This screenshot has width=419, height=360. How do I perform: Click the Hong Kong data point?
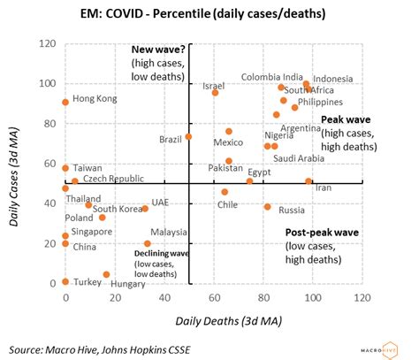point(65,103)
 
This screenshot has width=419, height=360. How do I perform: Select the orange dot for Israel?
point(215,92)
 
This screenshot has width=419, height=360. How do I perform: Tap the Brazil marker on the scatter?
point(188,136)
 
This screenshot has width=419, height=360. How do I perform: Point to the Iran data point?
point(309,181)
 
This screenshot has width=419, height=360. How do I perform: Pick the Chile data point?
point(225,192)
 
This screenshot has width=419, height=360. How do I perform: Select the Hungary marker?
point(106,274)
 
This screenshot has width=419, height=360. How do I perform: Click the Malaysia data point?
point(148,243)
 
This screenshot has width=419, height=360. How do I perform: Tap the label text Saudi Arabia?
point(299,158)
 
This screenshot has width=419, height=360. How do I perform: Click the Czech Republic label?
point(113,179)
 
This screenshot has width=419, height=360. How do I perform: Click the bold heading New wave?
point(160,50)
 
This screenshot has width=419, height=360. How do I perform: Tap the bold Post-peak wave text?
point(322,233)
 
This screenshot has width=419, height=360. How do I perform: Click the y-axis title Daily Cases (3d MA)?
point(16,165)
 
